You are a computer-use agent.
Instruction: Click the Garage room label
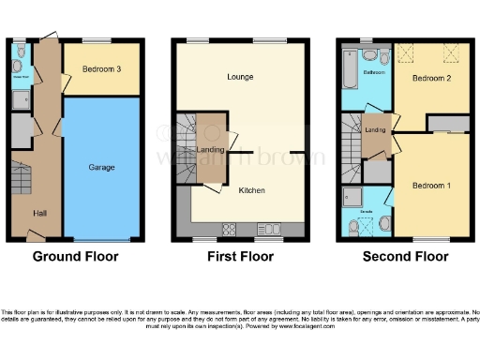[x=101, y=167]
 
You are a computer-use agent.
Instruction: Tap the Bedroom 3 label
[x=100, y=70]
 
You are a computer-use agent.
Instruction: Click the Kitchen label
[x=251, y=190]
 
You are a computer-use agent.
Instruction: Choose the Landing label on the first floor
[x=209, y=149]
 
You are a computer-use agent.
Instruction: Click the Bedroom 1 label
[x=432, y=185]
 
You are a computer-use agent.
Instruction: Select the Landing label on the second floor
[x=376, y=129]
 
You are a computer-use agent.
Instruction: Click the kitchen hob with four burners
[x=229, y=229]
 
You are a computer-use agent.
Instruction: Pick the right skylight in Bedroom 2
[x=449, y=53]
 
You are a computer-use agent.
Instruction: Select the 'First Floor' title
[x=239, y=256]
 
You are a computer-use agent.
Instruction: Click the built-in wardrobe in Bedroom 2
[x=447, y=123]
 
